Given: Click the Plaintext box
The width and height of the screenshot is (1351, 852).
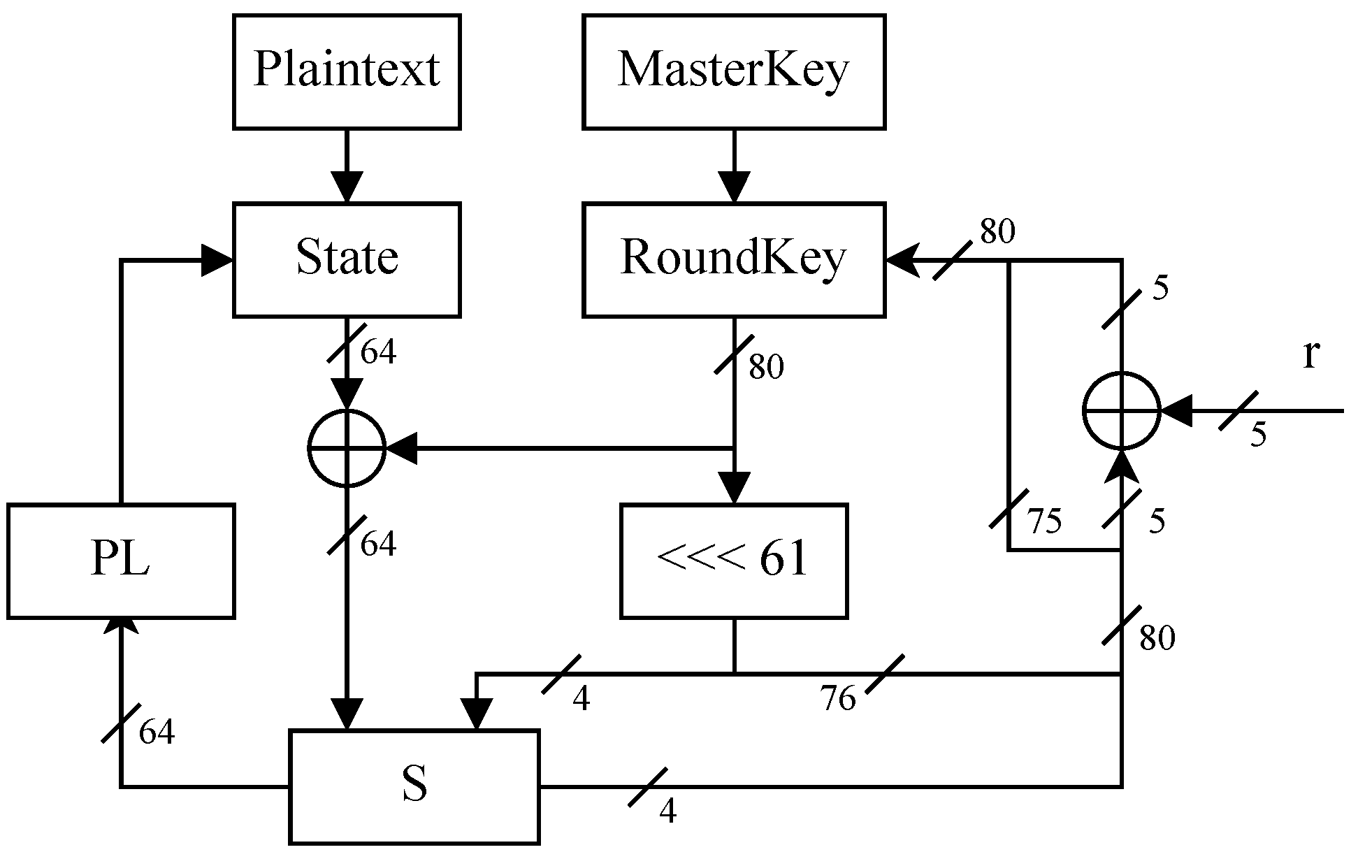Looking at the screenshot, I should click(346, 71).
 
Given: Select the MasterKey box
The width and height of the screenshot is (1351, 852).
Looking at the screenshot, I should click(733, 71).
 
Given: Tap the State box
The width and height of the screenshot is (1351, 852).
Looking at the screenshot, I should click(346, 259).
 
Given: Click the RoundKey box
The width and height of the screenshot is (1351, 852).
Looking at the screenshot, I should click(733, 259).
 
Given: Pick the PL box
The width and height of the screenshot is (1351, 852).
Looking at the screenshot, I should click(120, 561).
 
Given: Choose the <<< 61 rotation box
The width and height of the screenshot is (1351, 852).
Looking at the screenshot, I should click(733, 561).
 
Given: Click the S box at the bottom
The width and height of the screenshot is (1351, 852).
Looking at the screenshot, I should click(414, 786).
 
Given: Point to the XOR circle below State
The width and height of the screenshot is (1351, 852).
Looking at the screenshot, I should click(347, 448).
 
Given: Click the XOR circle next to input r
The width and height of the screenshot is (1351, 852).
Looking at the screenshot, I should click(1121, 411).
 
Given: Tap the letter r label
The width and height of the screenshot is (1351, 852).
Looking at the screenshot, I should click(1310, 354).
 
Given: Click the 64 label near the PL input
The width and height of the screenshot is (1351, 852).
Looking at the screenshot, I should click(156, 732).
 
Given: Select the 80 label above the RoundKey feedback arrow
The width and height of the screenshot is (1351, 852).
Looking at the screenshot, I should click(997, 232).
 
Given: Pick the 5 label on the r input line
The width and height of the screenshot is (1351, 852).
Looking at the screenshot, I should click(1258, 435).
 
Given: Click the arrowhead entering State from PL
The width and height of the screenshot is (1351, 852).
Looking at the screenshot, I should click(217, 260).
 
